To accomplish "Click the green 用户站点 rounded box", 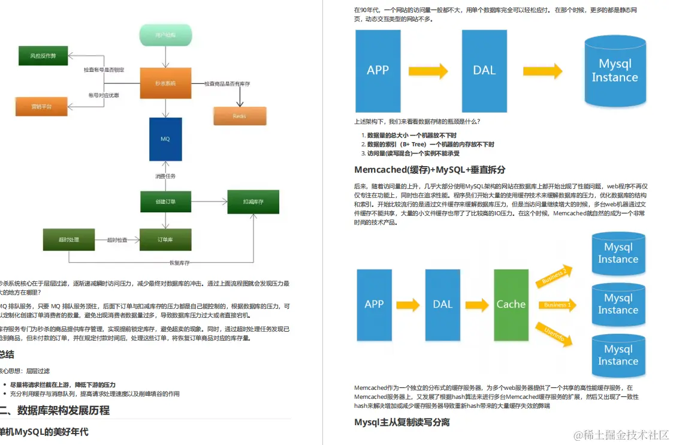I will coord(165,35).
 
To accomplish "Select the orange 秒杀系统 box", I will coord(165,83).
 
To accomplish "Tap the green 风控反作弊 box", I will coord(43,56).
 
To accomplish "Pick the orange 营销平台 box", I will coord(41,106).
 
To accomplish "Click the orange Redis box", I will coord(239,116).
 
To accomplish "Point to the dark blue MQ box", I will coord(165,139).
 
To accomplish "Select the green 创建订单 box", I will coord(165,202).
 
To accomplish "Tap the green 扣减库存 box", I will coord(253,202).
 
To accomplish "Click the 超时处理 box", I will coord(69,240).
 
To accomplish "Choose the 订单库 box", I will coord(165,240).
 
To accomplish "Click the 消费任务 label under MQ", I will coord(165,176).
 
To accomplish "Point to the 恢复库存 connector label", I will coord(179,263).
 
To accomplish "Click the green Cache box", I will coord(511,305).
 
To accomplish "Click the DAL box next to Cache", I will coord(442,305).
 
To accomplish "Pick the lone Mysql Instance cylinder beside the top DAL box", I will coord(615,71).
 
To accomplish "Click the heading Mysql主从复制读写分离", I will coord(402,422).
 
